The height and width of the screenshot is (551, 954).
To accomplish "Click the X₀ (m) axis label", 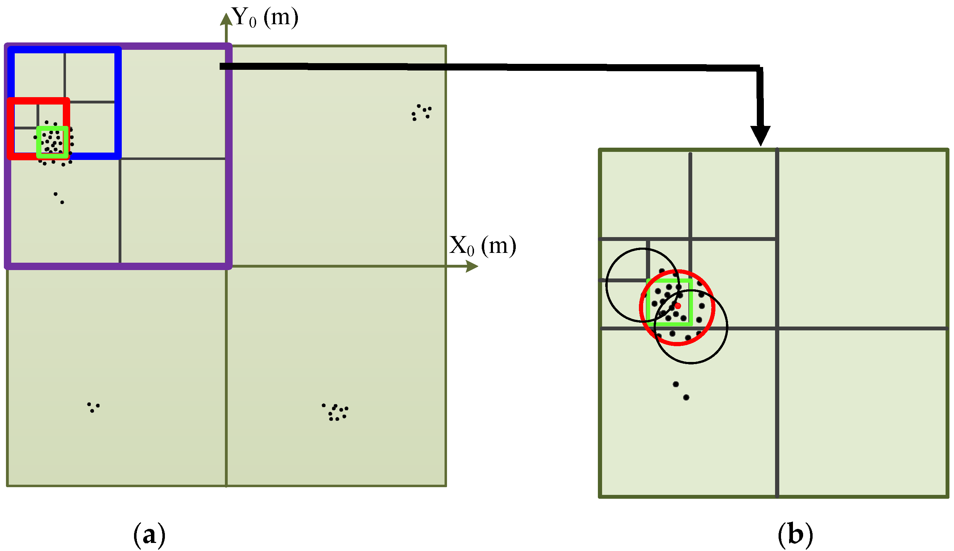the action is coord(482,246).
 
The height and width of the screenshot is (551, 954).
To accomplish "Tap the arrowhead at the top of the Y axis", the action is coord(226,19).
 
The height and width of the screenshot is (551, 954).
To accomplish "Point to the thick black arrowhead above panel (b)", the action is coord(760,135).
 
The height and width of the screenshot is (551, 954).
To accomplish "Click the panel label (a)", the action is coord(149,535).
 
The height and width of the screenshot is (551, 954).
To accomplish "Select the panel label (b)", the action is coord(795,535).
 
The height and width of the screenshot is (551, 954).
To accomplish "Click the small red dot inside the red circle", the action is coord(678,306).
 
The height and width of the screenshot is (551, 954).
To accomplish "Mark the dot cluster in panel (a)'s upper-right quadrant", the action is coord(421,112).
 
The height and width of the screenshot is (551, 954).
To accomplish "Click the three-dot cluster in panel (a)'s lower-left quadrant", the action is coord(93,407).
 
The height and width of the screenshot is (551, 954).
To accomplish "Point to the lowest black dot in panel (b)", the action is coord(686,397).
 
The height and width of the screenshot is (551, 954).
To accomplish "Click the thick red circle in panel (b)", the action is coord(713,307).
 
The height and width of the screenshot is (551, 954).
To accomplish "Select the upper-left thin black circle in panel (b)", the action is coord(607,284).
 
